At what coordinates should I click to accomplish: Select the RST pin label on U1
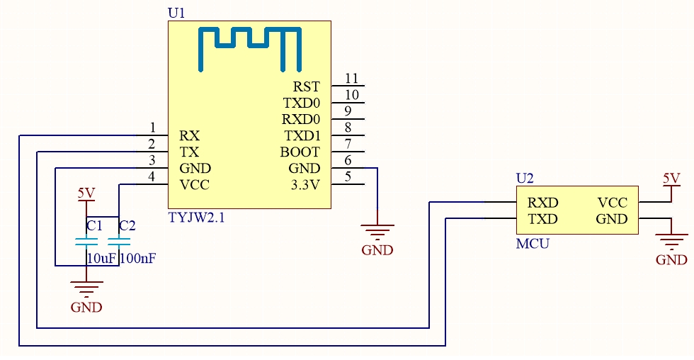click(x=306, y=86)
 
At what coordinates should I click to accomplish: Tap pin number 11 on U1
click(x=351, y=79)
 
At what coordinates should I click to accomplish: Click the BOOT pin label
click(x=300, y=152)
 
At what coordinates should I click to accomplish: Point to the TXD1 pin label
click(x=302, y=135)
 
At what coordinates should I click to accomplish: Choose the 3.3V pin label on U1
click(x=305, y=185)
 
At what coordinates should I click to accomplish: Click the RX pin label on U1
click(x=190, y=135)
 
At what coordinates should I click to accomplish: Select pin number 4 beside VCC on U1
click(x=152, y=176)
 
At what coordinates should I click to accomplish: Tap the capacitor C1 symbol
click(x=86, y=242)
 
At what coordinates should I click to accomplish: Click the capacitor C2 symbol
click(x=119, y=242)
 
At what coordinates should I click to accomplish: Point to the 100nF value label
click(x=138, y=258)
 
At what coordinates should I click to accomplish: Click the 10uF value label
click(x=101, y=258)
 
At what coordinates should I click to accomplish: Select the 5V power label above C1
click(x=86, y=193)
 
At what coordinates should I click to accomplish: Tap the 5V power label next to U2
click(x=671, y=179)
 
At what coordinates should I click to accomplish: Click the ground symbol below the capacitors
click(x=86, y=288)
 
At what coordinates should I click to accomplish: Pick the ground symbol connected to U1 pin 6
click(x=377, y=232)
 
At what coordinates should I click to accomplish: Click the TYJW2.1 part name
click(x=197, y=218)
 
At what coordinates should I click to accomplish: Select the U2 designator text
click(x=525, y=178)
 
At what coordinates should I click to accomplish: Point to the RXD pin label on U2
click(x=543, y=203)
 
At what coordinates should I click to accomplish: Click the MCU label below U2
click(x=533, y=244)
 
